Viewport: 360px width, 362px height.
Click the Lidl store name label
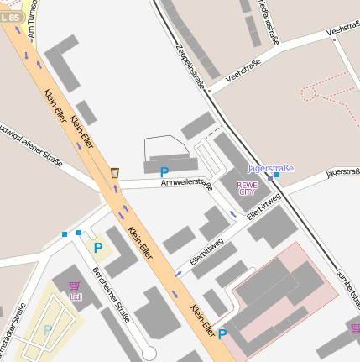click(76, 296)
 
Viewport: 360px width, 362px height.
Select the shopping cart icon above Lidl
click(75, 286)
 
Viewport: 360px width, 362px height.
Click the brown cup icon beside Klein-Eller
click(114, 173)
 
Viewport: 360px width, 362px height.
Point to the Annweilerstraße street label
click(186, 182)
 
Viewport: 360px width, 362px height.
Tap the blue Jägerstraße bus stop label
click(271, 168)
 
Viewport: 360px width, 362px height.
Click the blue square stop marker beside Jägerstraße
click(277, 176)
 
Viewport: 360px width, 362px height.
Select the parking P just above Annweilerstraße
click(164, 171)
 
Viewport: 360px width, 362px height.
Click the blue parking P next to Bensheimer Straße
click(98, 248)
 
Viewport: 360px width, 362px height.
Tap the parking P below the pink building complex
click(222, 333)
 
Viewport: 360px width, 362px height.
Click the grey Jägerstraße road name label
click(342, 171)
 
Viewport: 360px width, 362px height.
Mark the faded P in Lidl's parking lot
click(48, 330)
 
